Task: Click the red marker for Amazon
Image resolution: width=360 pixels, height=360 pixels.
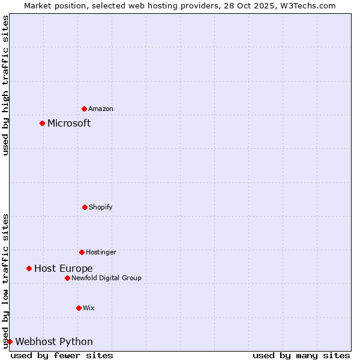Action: (x=84, y=109)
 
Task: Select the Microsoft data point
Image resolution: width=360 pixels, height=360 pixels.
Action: (x=42, y=123)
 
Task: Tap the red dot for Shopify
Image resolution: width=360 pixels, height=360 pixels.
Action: (x=85, y=207)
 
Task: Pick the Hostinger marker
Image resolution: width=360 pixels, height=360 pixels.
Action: (x=82, y=252)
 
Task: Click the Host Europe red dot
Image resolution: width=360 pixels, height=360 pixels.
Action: (x=29, y=268)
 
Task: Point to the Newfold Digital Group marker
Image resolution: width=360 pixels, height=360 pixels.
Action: (x=67, y=278)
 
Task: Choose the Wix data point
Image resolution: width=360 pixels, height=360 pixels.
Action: (x=79, y=308)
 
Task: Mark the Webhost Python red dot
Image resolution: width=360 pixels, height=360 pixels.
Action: (x=10, y=341)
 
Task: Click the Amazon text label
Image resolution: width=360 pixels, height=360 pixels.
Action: (x=101, y=109)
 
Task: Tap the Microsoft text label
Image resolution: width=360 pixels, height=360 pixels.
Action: (x=69, y=123)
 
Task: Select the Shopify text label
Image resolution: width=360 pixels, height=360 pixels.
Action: (x=101, y=207)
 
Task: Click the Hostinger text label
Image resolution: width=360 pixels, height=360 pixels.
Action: (x=101, y=252)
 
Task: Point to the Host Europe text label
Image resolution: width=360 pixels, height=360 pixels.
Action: (x=63, y=268)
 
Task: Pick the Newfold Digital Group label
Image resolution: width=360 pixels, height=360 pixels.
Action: (x=106, y=278)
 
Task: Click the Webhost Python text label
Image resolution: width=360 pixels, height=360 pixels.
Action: (x=54, y=341)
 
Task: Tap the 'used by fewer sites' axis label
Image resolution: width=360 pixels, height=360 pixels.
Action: (x=62, y=355)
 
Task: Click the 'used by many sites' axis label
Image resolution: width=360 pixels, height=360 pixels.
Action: (x=301, y=355)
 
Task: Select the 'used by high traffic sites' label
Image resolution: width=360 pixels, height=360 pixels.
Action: (x=5, y=85)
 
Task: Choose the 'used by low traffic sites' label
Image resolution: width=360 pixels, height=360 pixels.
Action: (x=5, y=281)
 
